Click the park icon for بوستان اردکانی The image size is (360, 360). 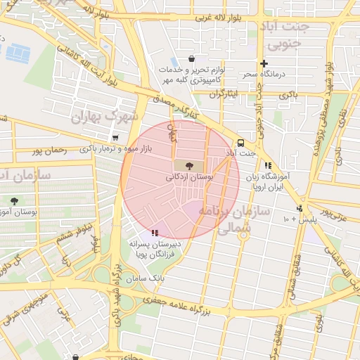click(x=188, y=166)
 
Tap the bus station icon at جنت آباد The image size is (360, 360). click(x=241, y=141)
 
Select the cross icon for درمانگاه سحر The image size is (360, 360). click(x=264, y=63)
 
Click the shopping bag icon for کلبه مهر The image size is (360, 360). click(x=191, y=59)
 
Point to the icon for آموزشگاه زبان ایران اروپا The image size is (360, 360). click(x=268, y=166)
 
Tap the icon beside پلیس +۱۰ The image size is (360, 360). click(x=300, y=208)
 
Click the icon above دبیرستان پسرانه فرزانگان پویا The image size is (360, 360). click(x=155, y=232)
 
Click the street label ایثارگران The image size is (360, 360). click(x=224, y=93)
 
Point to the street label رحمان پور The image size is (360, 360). click(x=50, y=150)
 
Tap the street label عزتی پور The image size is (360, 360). click(x=335, y=210)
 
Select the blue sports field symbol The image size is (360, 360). click(x=15, y=52)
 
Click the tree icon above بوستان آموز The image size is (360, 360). click(x=13, y=202)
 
